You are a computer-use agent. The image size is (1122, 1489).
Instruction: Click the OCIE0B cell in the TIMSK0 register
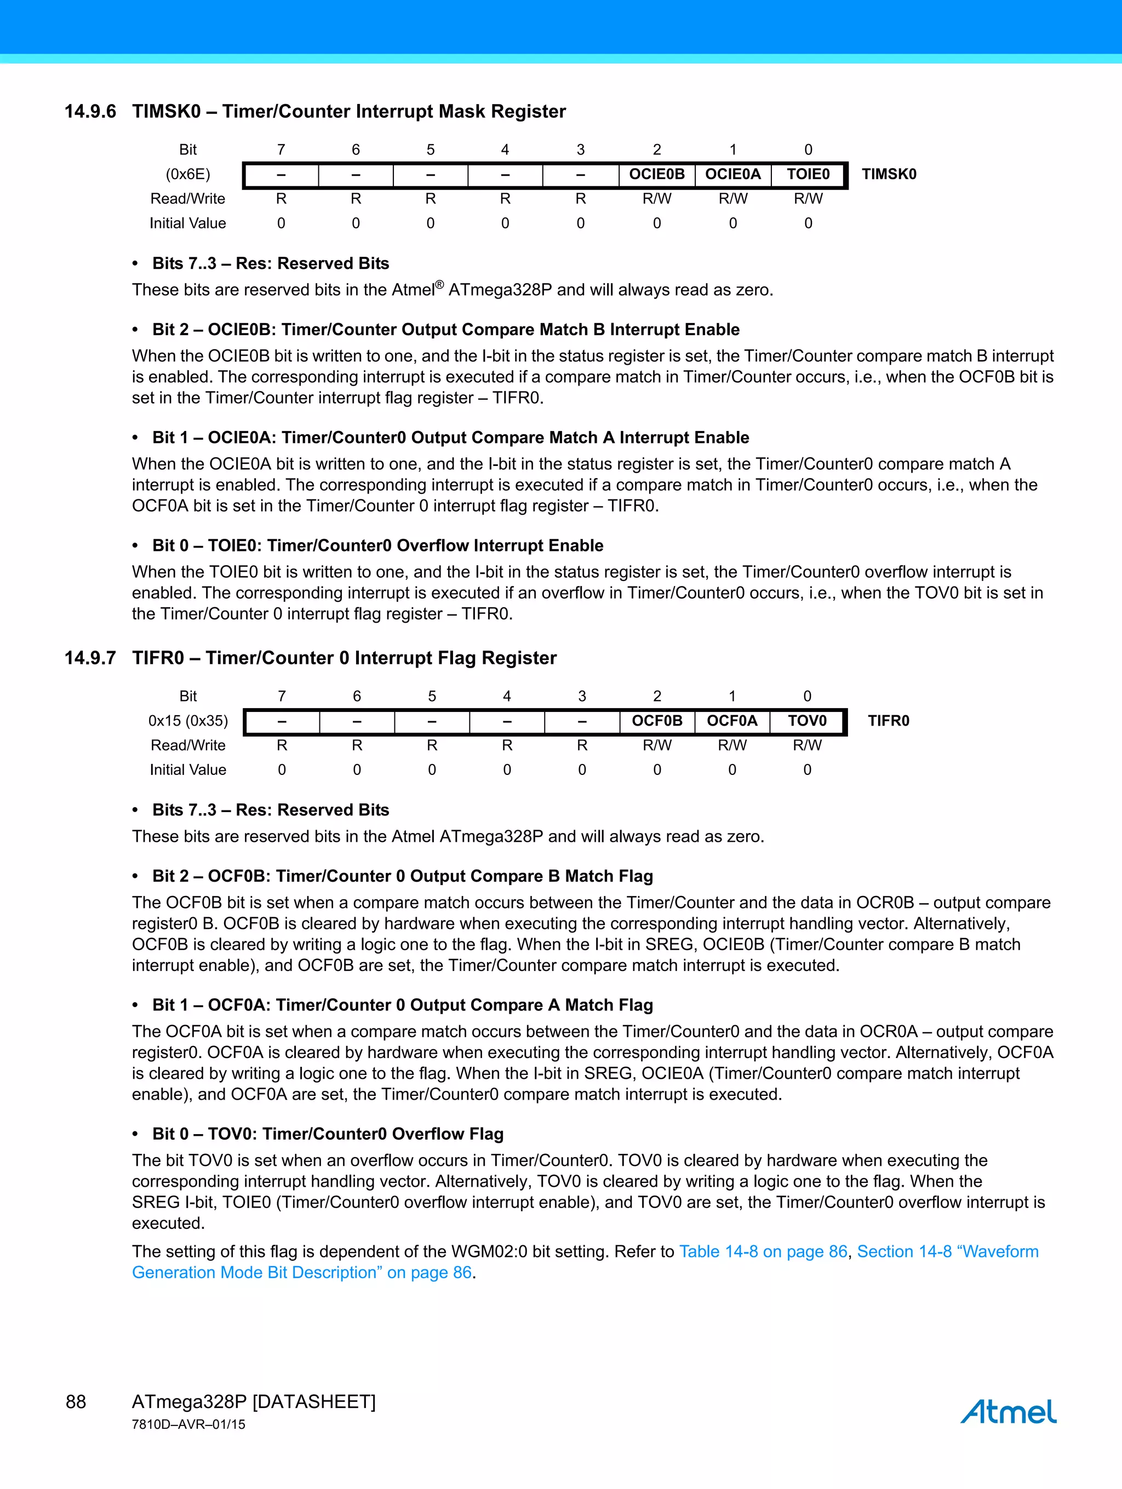[657, 174]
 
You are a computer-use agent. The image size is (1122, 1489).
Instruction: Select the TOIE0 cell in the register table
[808, 174]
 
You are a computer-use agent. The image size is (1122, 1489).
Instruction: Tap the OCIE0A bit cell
[732, 174]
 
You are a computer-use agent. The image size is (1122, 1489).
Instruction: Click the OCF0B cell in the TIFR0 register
[657, 721]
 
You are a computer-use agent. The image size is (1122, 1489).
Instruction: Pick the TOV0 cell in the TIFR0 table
[807, 721]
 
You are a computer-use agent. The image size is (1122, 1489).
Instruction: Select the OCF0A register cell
[732, 721]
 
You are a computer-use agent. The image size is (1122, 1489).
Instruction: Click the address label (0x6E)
[188, 174]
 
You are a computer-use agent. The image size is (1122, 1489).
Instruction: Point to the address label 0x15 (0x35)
[188, 721]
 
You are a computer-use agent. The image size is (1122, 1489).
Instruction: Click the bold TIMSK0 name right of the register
[889, 174]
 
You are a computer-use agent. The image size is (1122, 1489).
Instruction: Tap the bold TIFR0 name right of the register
[888, 721]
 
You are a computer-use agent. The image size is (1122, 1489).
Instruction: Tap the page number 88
[76, 1402]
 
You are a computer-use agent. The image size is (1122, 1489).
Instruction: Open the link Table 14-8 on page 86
[763, 1252]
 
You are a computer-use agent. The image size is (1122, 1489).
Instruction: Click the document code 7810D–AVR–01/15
[188, 1424]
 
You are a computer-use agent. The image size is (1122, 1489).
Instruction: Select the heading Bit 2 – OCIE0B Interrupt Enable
[445, 330]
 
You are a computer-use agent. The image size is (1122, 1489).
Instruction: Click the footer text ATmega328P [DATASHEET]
[253, 1402]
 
